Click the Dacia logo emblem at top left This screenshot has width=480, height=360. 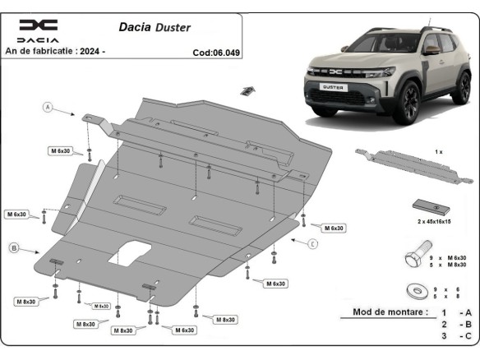39,25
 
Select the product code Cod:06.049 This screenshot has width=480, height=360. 216,51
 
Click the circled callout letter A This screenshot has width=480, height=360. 48,107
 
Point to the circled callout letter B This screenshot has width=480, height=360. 14,247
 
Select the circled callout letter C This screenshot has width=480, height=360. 313,244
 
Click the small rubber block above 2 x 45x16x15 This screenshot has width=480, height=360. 428,206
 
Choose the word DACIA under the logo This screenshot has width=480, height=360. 39,39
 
